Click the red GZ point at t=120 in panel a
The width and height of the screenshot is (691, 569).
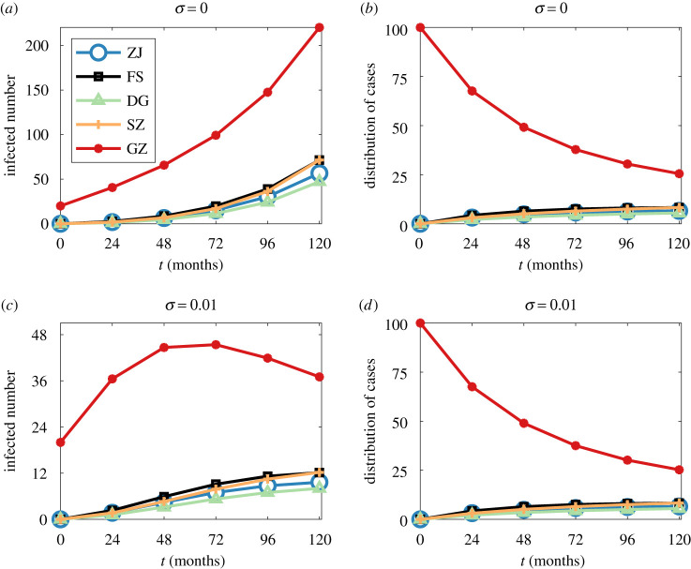pos(320,27)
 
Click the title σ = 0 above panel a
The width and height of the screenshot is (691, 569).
pos(190,9)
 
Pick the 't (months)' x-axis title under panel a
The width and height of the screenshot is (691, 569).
pos(190,262)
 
